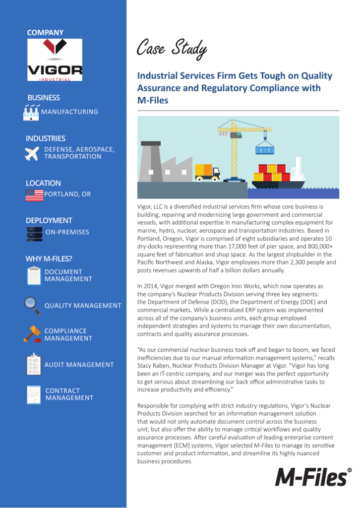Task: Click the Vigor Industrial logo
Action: click(55, 60)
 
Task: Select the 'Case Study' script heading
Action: click(172, 49)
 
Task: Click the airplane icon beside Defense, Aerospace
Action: click(32, 154)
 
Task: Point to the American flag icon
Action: click(34, 195)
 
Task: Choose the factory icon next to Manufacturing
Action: click(31, 113)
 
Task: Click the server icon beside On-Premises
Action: click(34, 234)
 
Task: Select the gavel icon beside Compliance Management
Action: click(32, 334)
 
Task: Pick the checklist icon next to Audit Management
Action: click(34, 364)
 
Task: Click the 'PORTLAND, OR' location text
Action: click(67, 194)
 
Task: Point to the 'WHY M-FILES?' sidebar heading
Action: click(49, 258)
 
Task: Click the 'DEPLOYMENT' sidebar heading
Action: click(49, 220)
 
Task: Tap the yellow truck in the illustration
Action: click(207, 172)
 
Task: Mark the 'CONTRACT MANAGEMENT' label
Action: click(69, 394)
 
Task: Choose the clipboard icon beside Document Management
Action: click(34, 275)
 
